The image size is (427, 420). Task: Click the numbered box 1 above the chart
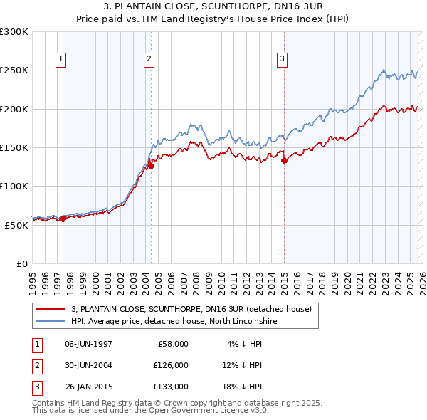(x=62, y=59)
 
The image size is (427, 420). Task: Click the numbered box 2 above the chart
(x=149, y=59)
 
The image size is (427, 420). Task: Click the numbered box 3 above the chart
(x=283, y=59)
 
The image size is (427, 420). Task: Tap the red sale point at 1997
(x=63, y=219)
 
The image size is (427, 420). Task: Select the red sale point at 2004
(x=151, y=167)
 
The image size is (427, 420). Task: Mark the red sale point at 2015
(x=284, y=161)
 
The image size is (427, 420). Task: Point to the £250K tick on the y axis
(x=14, y=70)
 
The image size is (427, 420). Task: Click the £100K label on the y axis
(x=14, y=186)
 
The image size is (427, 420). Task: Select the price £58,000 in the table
(x=171, y=344)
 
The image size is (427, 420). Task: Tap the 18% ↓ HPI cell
(x=241, y=387)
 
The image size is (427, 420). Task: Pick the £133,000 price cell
(x=171, y=387)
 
